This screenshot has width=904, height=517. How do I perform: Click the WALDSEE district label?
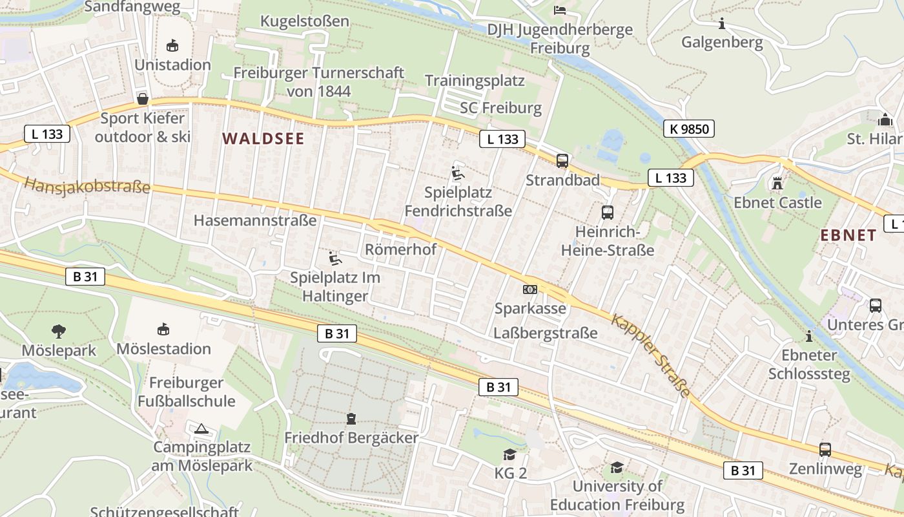click(263, 139)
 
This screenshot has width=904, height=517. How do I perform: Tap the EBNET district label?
click(848, 235)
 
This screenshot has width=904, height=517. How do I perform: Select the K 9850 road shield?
click(689, 129)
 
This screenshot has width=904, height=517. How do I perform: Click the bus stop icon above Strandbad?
click(562, 161)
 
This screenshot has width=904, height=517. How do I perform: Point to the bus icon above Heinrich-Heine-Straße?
click(607, 213)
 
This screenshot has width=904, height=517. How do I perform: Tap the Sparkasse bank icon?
click(530, 290)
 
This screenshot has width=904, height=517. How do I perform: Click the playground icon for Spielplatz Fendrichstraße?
click(458, 173)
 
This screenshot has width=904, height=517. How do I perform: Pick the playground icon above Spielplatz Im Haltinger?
click(335, 258)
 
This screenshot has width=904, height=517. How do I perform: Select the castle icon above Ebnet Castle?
click(777, 184)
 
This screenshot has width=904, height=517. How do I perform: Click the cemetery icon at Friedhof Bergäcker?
click(351, 419)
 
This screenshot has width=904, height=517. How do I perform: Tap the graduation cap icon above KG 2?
click(510, 454)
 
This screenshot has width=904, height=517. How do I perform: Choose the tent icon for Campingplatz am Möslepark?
click(202, 428)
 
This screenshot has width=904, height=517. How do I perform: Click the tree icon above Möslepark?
click(59, 332)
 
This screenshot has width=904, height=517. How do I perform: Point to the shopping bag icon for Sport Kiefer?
click(142, 99)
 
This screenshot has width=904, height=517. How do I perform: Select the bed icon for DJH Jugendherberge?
click(560, 10)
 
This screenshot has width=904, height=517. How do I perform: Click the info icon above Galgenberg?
click(722, 24)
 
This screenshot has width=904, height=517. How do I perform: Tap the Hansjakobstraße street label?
click(87, 186)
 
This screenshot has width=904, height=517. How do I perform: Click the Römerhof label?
click(401, 249)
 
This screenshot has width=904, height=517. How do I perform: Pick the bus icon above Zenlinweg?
click(825, 450)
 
